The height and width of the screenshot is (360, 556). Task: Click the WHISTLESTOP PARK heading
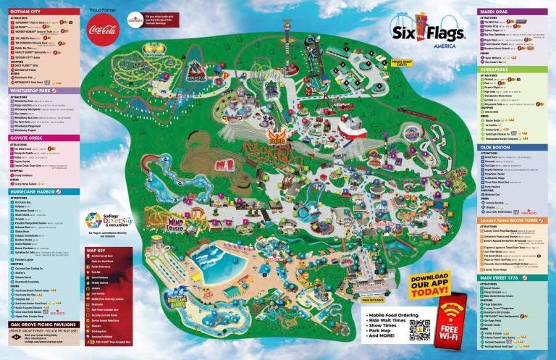[x=33, y=91]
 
